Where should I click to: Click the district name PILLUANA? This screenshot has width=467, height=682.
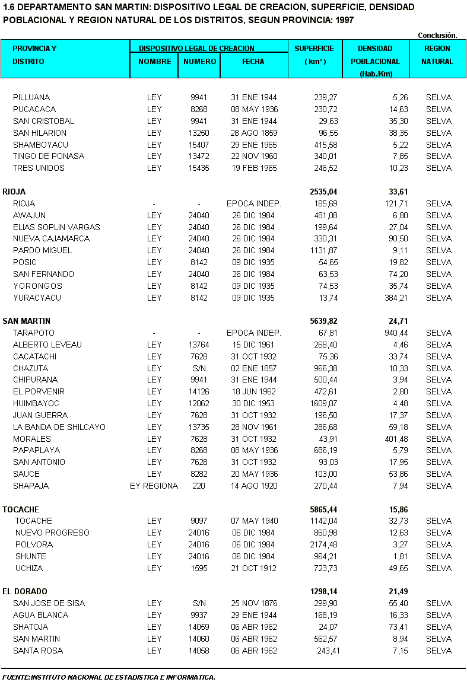[x=31, y=97]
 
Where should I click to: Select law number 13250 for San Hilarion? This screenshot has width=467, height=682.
[x=199, y=133]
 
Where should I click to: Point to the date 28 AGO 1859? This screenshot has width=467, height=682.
[x=254, y=133]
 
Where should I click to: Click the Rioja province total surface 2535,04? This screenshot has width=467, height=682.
[x=323, y=192]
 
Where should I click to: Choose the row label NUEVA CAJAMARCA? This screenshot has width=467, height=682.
[x=52, y=238]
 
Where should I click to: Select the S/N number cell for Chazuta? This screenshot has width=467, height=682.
[x=199, y=368]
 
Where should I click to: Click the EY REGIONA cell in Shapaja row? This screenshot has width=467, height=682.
[x=154, y=486]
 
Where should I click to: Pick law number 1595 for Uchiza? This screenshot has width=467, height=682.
[x=199, y=568]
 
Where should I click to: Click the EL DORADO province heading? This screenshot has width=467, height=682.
[x=25, y=591]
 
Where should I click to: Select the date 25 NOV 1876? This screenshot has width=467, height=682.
[x=254, y=603]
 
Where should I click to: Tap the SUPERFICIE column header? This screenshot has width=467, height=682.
[x=314, y=49]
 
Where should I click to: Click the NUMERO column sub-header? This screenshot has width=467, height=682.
[x=199, y=61]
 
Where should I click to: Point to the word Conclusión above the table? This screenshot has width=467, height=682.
[x=437, y=36]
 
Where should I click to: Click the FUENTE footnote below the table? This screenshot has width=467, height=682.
[x=109, y=677]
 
